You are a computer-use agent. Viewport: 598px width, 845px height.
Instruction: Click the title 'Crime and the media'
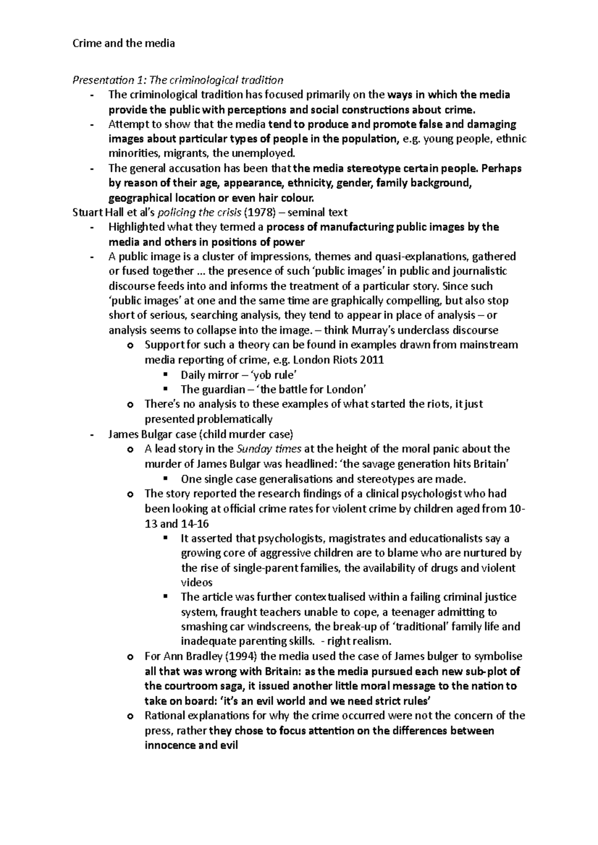(124, 43)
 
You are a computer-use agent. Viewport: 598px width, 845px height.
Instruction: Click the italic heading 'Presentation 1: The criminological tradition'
(178, 80)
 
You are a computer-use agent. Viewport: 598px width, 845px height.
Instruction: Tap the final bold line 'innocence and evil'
(191, 745)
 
